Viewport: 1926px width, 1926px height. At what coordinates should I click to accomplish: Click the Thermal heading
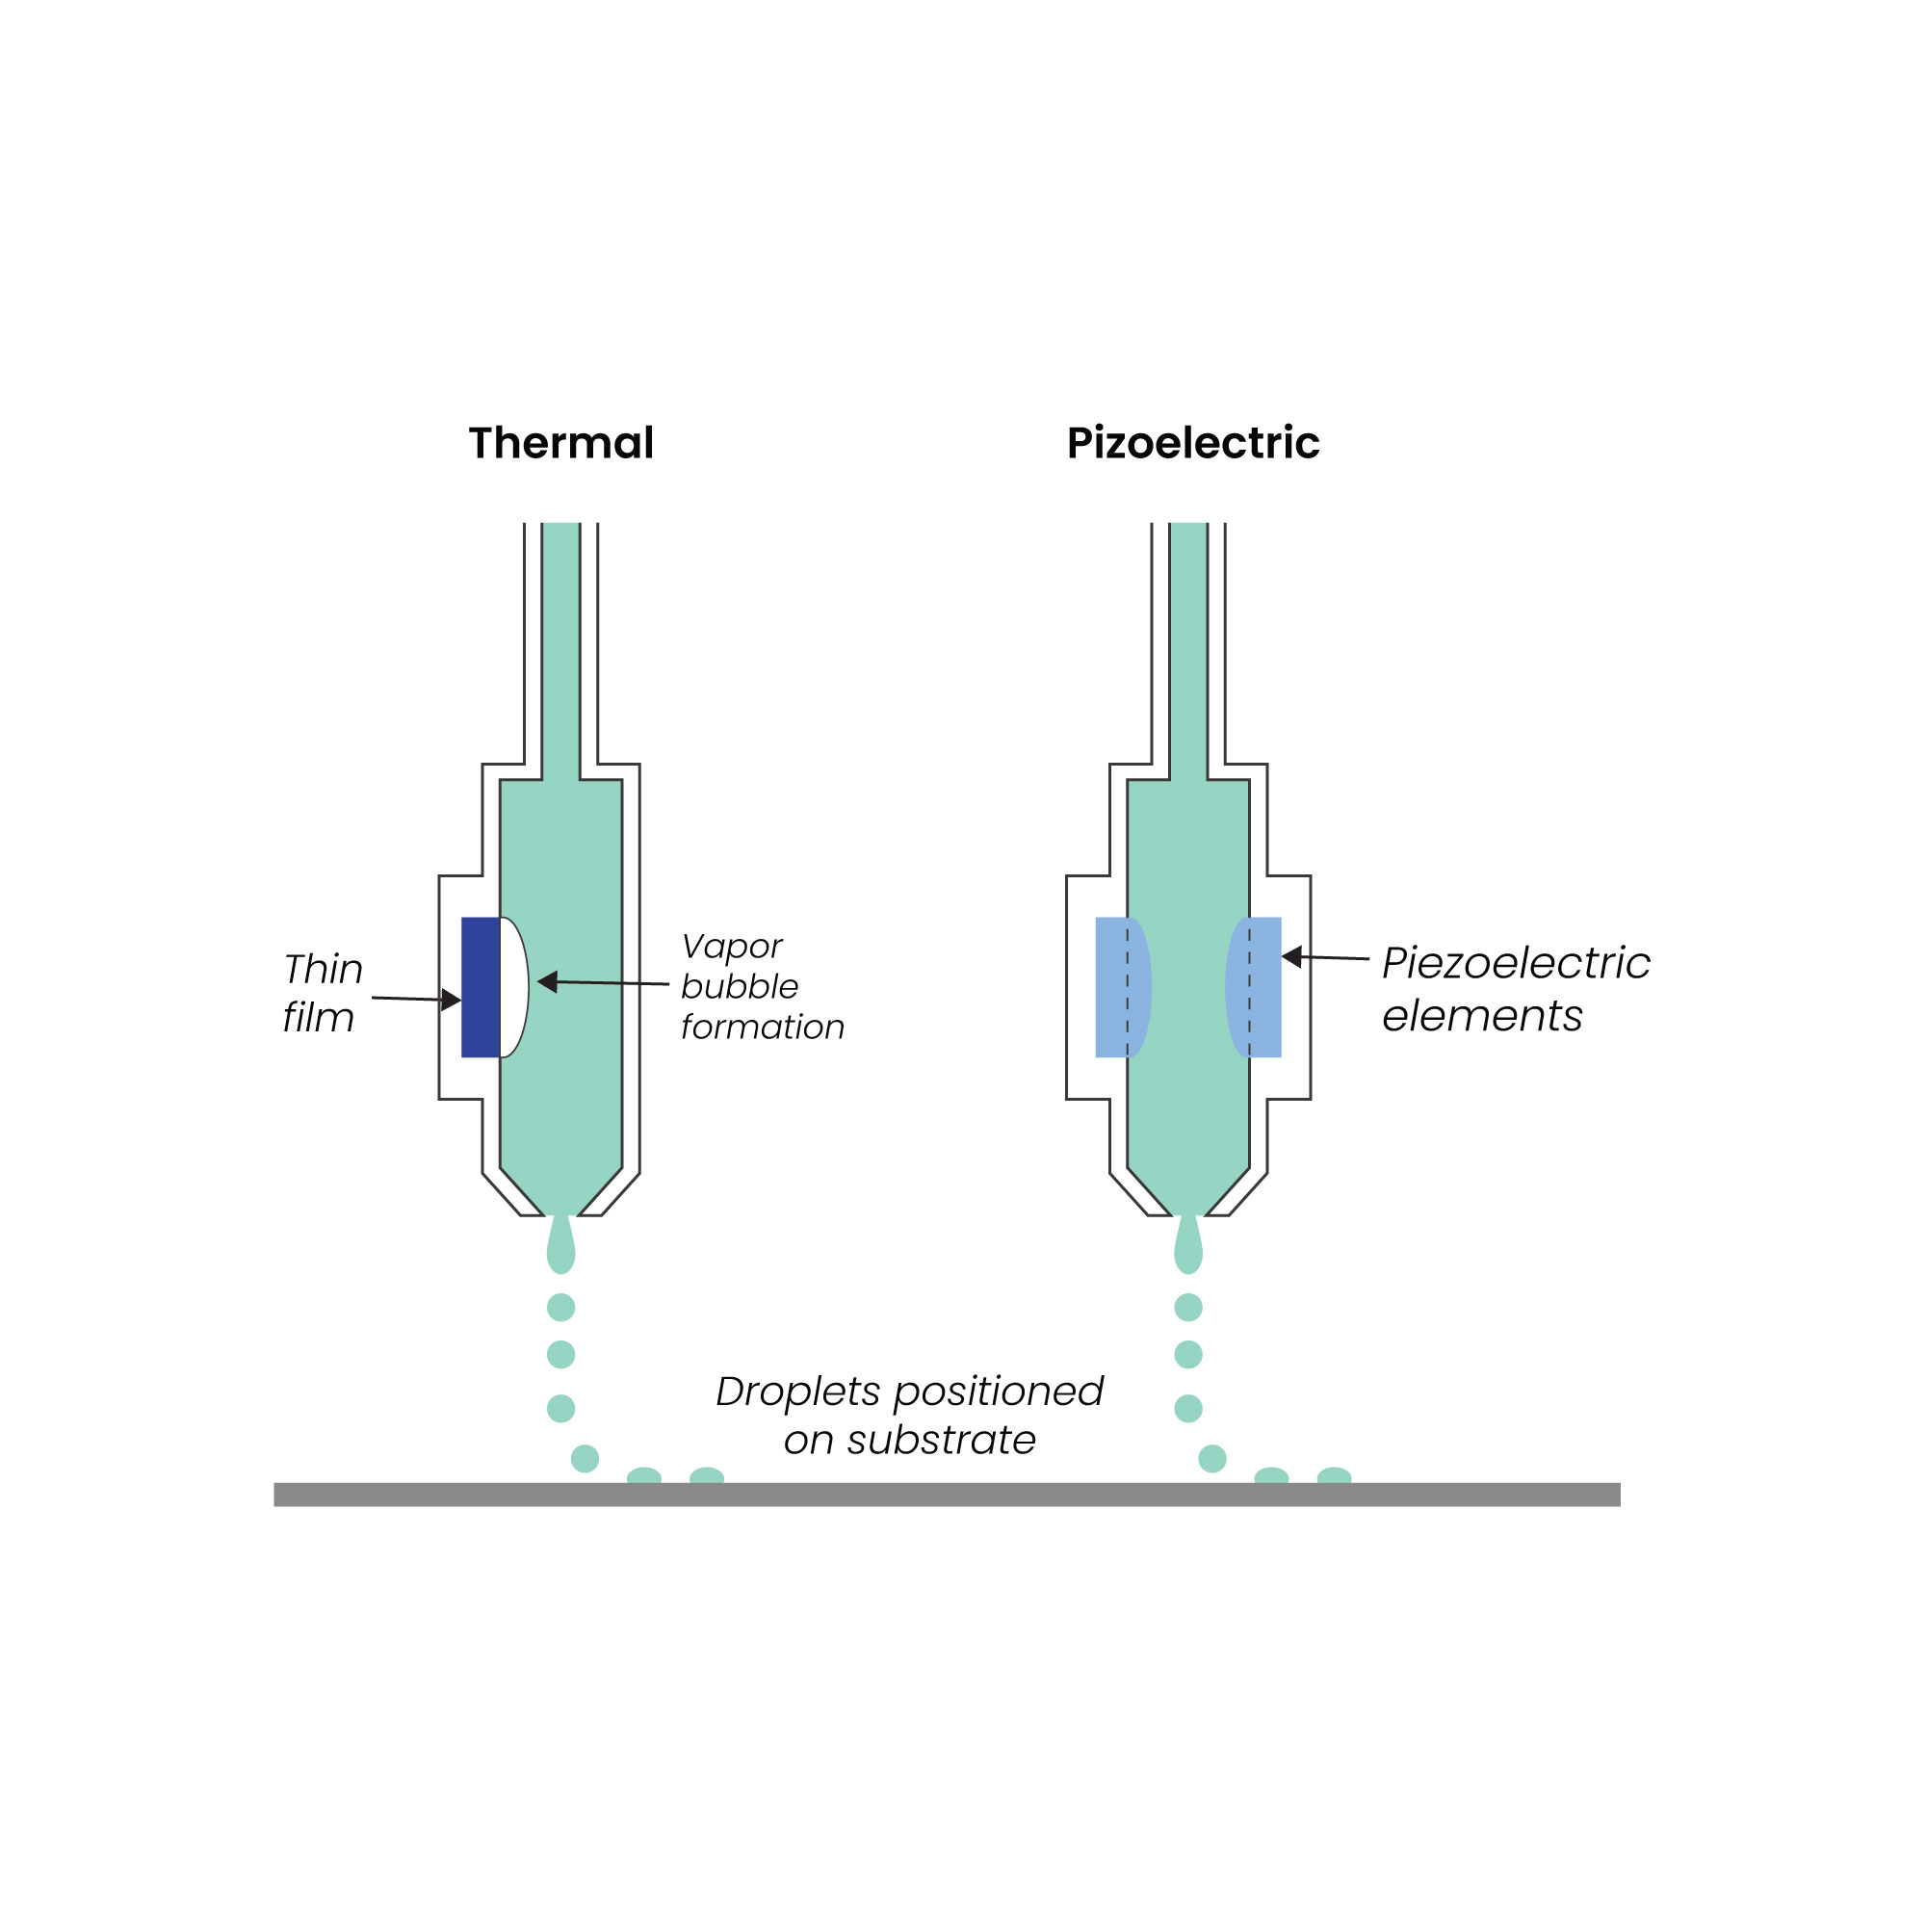coord(561,443)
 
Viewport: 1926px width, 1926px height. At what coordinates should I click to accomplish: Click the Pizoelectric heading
coord(1192,443)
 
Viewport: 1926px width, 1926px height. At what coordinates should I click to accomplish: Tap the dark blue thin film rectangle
coord(481,987)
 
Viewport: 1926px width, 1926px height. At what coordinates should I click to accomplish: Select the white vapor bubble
coord(513,987)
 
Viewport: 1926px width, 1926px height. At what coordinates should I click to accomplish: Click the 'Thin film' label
coord(322,993)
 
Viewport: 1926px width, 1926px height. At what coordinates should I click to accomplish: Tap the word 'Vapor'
coord(732,946)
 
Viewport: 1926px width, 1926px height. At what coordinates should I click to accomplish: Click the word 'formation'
coord(763,1027)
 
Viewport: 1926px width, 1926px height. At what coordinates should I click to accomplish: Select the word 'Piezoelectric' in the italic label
coord(1515,963)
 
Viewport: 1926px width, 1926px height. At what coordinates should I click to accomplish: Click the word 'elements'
coord(1481,1016)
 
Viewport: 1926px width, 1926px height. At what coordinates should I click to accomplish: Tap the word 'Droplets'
coord(797,1392)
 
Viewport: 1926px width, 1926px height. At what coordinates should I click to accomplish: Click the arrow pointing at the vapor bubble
coord(603,983)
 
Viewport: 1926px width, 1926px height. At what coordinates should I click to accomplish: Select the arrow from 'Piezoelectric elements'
coord(1325,958)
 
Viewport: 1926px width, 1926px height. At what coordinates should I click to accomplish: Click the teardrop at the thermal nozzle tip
coord(561,1247)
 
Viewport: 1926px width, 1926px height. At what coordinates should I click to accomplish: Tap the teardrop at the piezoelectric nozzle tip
coord(1188,1247)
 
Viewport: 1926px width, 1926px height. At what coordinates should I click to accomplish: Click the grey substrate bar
coord(947,1495)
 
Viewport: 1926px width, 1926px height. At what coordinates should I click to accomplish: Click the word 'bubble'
coord(740,987)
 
